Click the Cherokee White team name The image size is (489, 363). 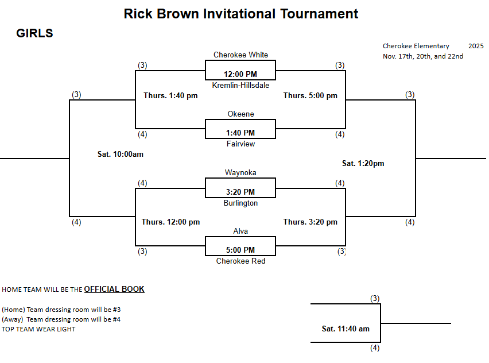coord(240,55)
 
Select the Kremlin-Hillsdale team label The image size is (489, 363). coord(240,85)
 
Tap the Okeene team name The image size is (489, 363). coord(240,114)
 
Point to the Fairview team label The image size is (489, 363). coord(240,144)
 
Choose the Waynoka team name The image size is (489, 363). coord(240,173)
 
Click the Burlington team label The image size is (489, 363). coord(240,203)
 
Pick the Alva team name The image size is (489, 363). coord(240,231)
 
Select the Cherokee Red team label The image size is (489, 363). coord(240,261)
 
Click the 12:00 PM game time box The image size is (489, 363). coord(240,74)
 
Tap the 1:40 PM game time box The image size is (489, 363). coord(240,133)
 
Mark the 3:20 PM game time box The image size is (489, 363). coord(240,192)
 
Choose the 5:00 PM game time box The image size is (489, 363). coord(240,250)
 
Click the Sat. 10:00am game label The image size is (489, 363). coord(120,154)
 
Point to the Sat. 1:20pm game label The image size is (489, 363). coord(363,164)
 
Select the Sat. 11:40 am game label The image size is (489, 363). coord(346,329)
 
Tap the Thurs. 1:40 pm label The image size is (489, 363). coord(170,96)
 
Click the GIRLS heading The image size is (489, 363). coord(34,34)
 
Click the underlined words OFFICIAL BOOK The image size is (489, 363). coord(114,289)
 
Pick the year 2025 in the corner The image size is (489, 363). coord(476,46)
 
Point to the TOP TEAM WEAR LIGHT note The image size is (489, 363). coord(38,330)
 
